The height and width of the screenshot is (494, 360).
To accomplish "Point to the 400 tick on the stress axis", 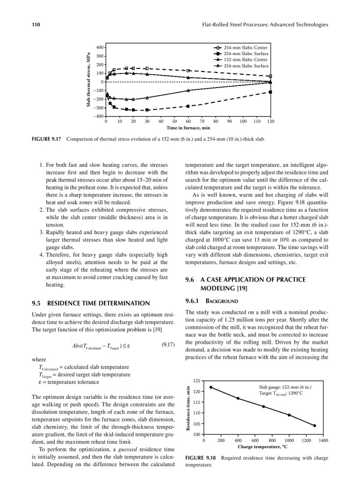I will tap(100, 47).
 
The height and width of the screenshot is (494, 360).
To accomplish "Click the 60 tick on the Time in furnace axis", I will tap(188, 122).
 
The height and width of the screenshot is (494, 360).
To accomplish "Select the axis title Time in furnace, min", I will tap(188, 128).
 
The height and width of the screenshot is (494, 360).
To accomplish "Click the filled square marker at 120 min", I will tap(271, 92).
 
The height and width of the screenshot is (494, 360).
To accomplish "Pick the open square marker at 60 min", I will tap(188, 70).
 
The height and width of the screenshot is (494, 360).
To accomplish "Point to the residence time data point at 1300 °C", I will tap(314, 426).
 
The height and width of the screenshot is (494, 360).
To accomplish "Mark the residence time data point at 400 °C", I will tap(238, 398).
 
